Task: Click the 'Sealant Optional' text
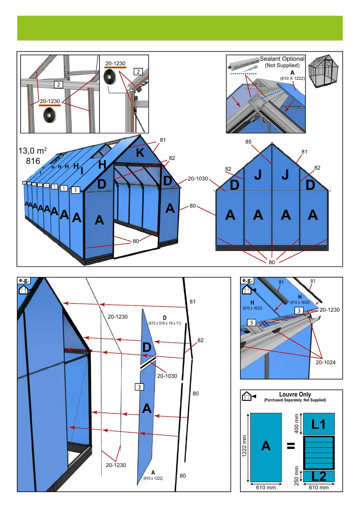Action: coord(282,59)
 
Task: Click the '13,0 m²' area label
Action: coord(33,151)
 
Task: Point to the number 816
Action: coord(33,161)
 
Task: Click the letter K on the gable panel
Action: coord(140,153)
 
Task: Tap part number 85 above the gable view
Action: coord(248,142)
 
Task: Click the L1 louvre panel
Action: coord(319,424)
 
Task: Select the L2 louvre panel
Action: coord(319,476)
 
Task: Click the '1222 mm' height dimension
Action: coord(245,446)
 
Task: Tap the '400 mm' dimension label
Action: coord(297,423)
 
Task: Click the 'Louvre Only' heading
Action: coord(295,394)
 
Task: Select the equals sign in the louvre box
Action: coord(291,446)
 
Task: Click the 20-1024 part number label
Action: coord(326,362)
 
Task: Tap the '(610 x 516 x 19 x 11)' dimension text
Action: coord(165,323)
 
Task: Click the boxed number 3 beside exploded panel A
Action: coord(139,387)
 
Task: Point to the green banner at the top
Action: coord(180,28)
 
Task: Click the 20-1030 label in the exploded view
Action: coord(167,376)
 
